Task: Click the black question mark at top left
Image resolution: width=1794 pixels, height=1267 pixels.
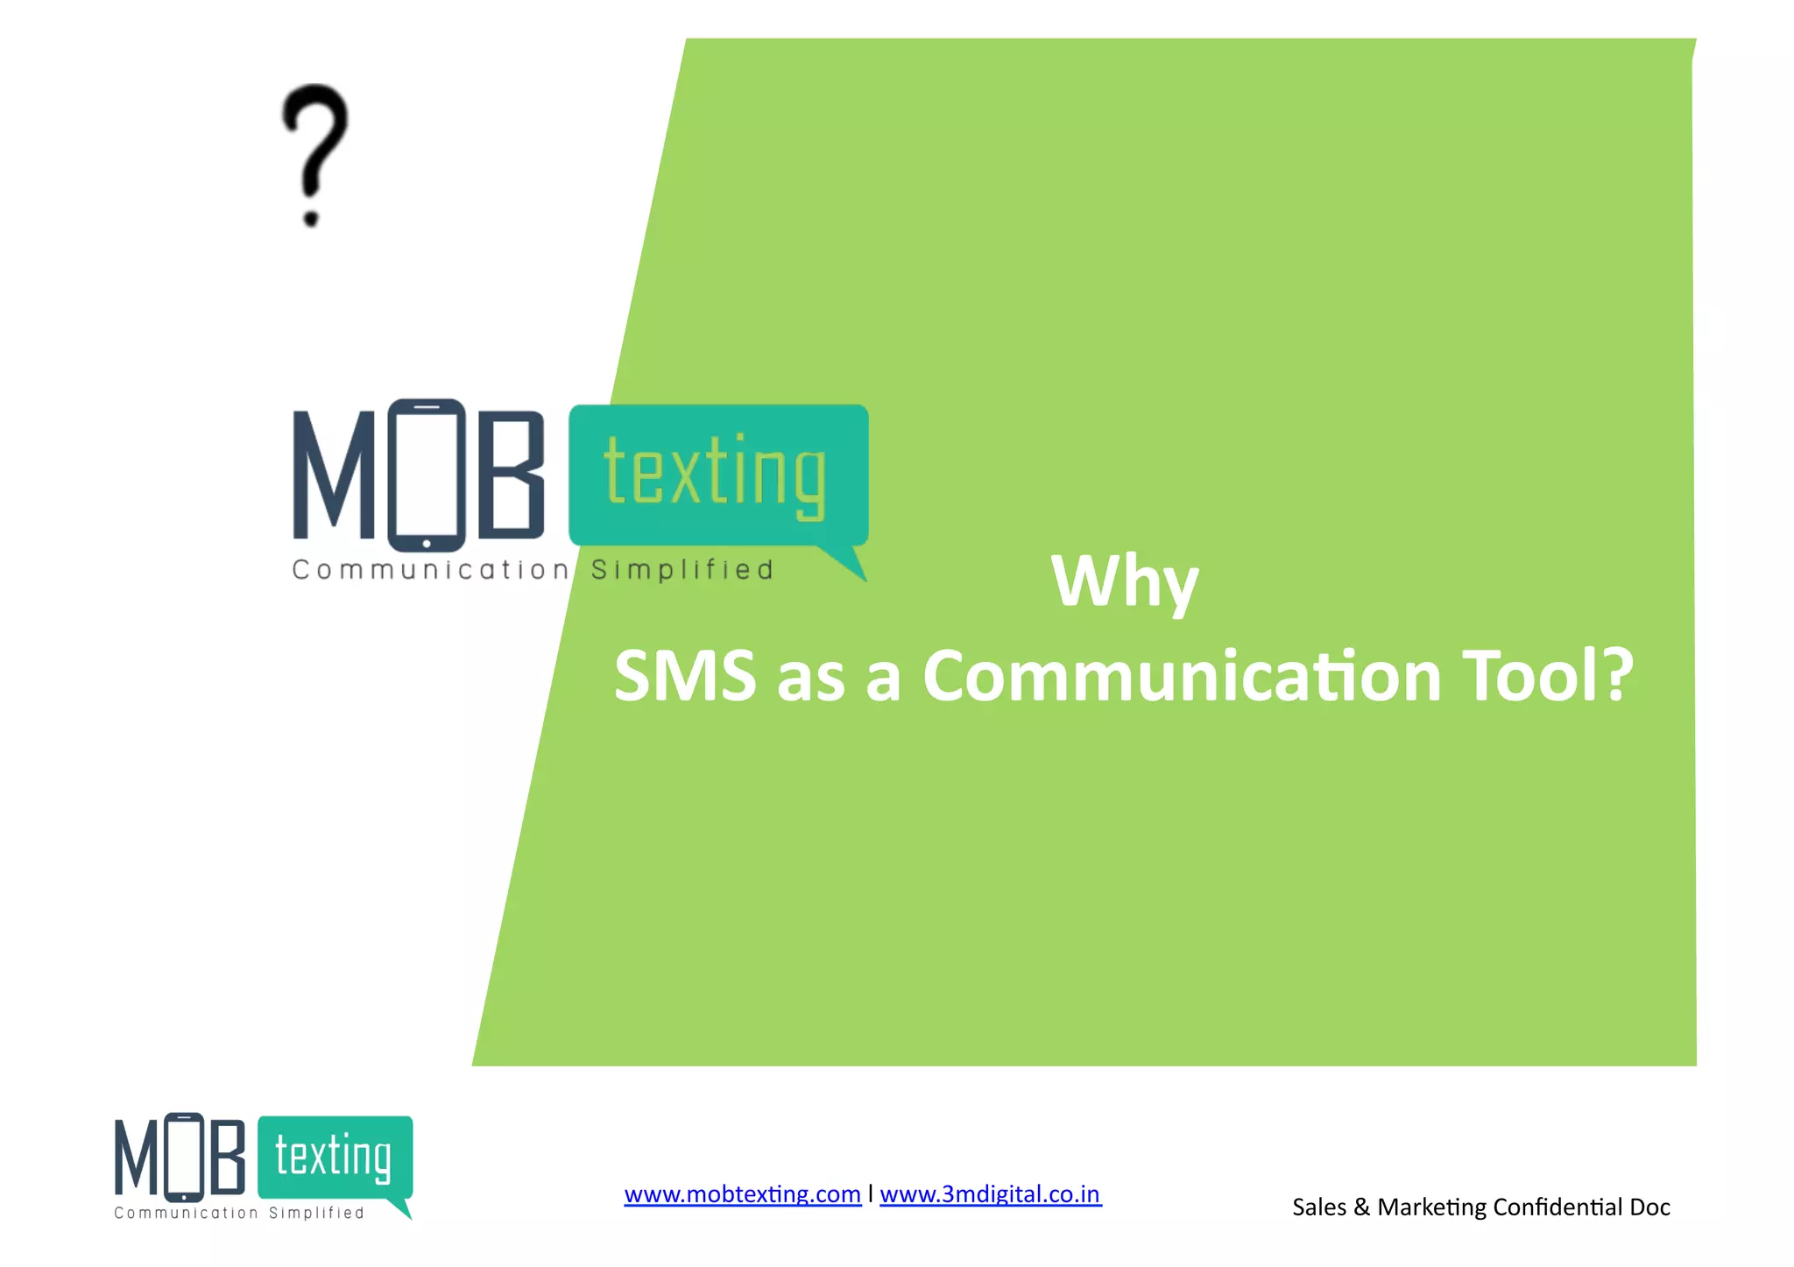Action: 314,154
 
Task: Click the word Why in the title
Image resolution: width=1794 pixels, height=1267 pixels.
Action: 1124,581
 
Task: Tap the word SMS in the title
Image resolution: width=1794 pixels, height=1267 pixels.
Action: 685,676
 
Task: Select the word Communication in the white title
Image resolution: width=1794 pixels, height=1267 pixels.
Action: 1182,676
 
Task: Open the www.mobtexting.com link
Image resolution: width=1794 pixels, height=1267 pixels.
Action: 742,1194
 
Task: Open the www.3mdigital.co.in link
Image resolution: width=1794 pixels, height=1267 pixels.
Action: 990,1194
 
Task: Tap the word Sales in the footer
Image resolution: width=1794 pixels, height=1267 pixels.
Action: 1319,1207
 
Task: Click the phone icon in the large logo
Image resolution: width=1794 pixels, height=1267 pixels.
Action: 427,475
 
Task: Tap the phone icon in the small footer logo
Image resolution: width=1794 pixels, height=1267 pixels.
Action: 184,1158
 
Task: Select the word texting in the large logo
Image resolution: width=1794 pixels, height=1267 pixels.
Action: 715,474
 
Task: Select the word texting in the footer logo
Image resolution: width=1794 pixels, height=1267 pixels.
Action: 333,1157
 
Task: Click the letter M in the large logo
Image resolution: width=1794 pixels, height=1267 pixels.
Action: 334,475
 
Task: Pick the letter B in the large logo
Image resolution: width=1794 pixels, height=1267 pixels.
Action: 512,475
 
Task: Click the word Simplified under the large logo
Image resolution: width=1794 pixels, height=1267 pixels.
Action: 682,570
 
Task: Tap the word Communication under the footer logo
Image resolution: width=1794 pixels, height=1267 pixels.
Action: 186,1213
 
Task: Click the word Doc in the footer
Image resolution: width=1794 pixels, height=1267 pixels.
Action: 1649,1207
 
